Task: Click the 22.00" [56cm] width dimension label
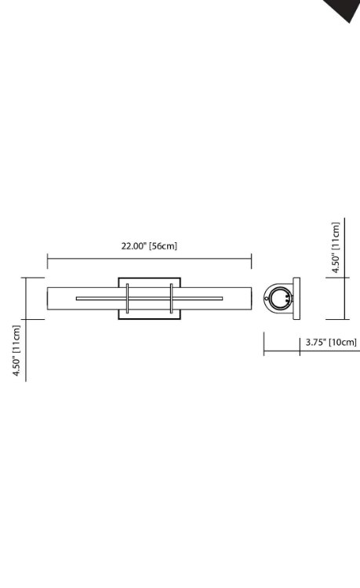coord(149,245)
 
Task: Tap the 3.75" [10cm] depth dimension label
coord(331,342)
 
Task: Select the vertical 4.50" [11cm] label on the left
coord(16,351)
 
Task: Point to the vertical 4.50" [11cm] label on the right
coord(336,248)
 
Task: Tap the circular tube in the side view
coord(279,298)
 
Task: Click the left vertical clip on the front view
coord(127,298)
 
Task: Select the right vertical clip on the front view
coord(171,298)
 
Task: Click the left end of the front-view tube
coord(49,298)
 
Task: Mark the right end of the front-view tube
coord(250,298)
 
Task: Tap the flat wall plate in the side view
coord(296,298)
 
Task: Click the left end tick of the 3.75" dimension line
coord(264,343)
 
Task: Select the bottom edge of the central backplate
coord(149,318)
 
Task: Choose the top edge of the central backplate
coord(149,278)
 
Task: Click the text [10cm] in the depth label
coord(343,342)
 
